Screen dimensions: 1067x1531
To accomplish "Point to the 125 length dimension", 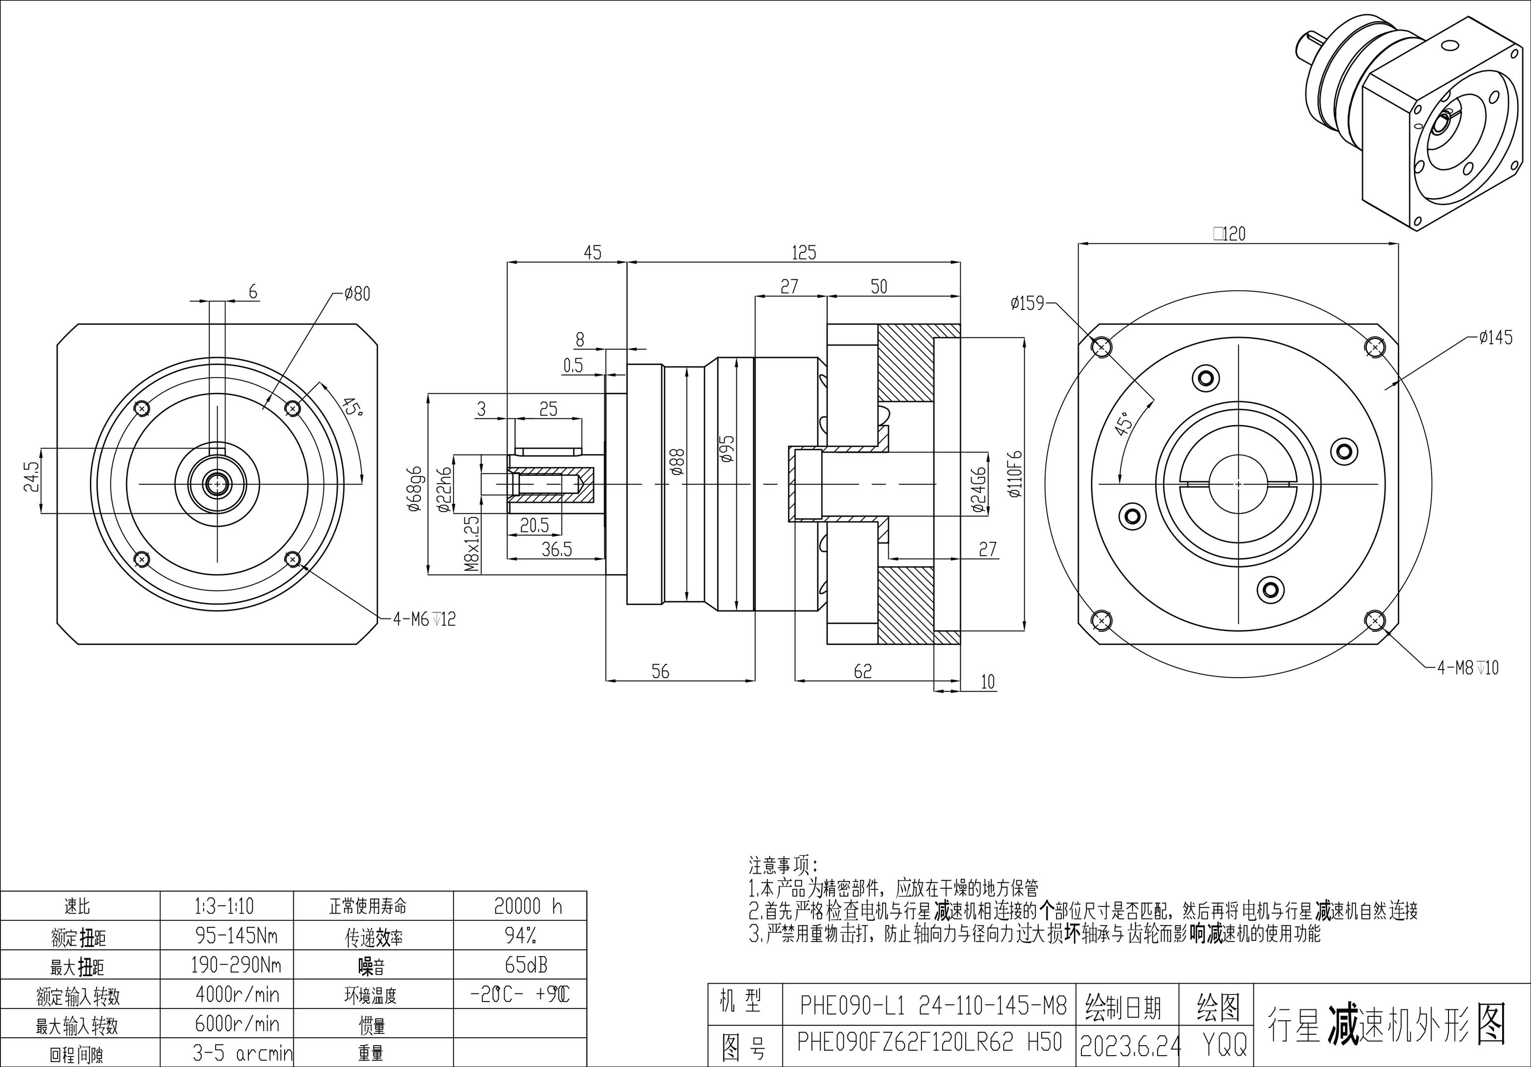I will (x=804, y=253).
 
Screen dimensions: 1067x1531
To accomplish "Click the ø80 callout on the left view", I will (x=357, y=294).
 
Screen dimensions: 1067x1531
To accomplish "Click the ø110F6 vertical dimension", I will (x=1015, y=474).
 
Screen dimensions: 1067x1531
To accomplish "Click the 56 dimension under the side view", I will (x=660, y=672).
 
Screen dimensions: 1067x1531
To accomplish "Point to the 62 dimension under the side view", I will (x=862, y=672).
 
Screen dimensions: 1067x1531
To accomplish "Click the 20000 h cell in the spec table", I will (x=528, y=906).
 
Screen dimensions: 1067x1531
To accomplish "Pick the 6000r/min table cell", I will (x=237, y=1024).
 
